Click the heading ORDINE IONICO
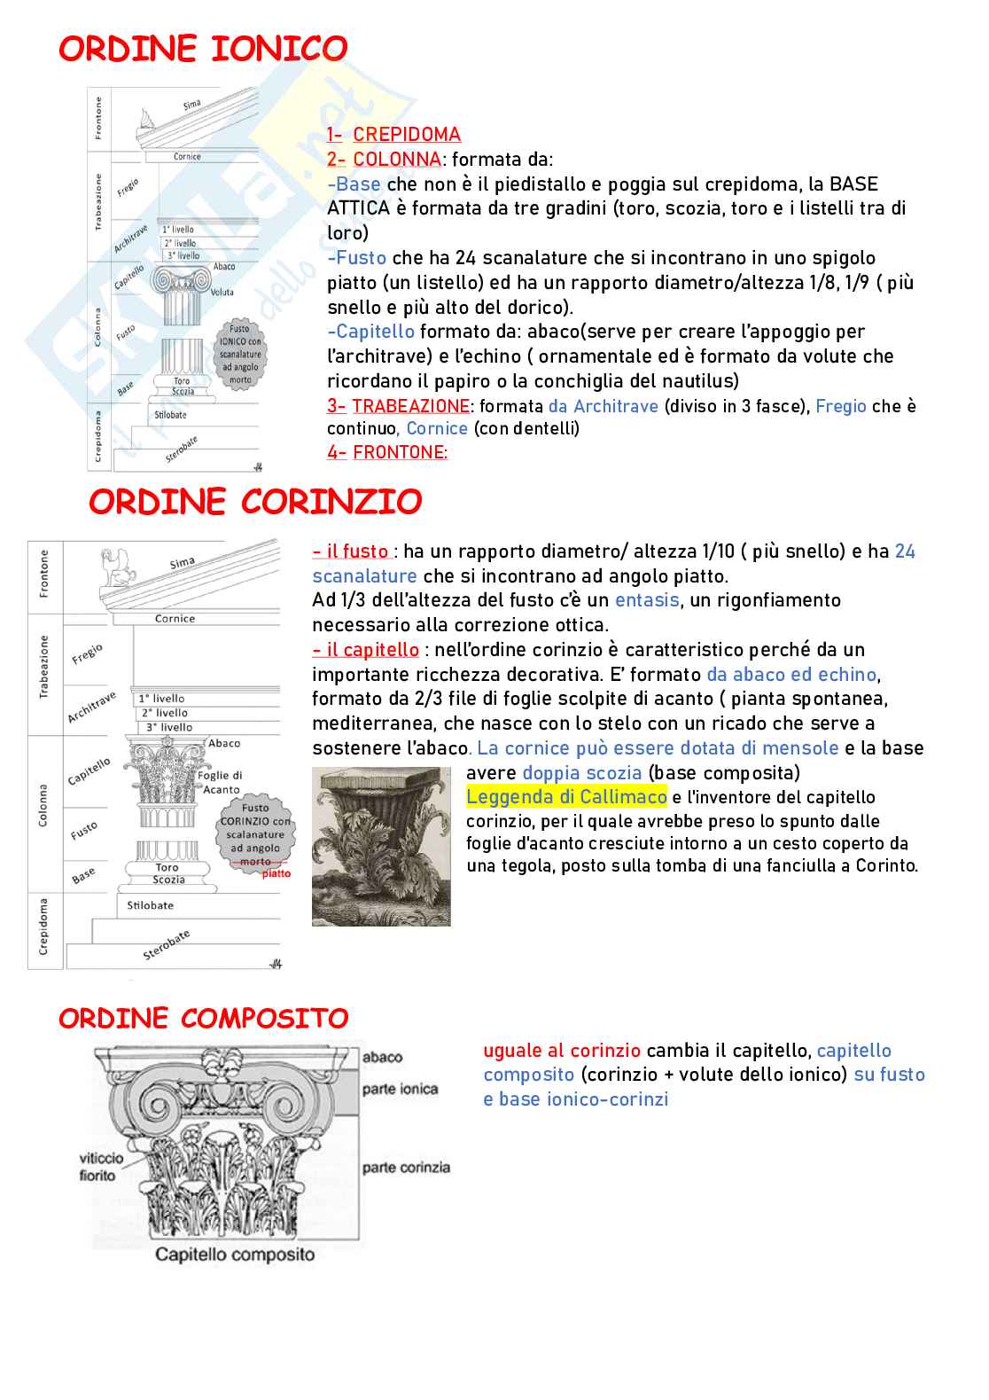click(203, 49)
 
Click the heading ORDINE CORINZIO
click(255, 502)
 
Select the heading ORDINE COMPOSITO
click(204, 1018)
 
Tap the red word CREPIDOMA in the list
click(407, 135)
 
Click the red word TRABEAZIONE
click(410, 406)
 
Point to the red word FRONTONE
click(400, 452)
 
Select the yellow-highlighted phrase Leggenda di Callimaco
click(566, 796)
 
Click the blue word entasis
click(647, 600)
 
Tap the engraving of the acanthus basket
click(381, 847)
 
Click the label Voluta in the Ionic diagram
click(222, 292)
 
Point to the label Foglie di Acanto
click(220, 782)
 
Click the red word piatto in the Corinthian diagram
click(276, 873)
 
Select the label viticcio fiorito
click(100, 1167)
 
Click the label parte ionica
click(400, 1089)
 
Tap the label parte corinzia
click(406, 1168)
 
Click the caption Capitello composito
click(235, 1255)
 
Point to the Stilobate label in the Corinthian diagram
click(150, 905)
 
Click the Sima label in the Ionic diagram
click(191, 105)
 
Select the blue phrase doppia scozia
click(581, 772)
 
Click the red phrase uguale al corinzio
click(561, 1051)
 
